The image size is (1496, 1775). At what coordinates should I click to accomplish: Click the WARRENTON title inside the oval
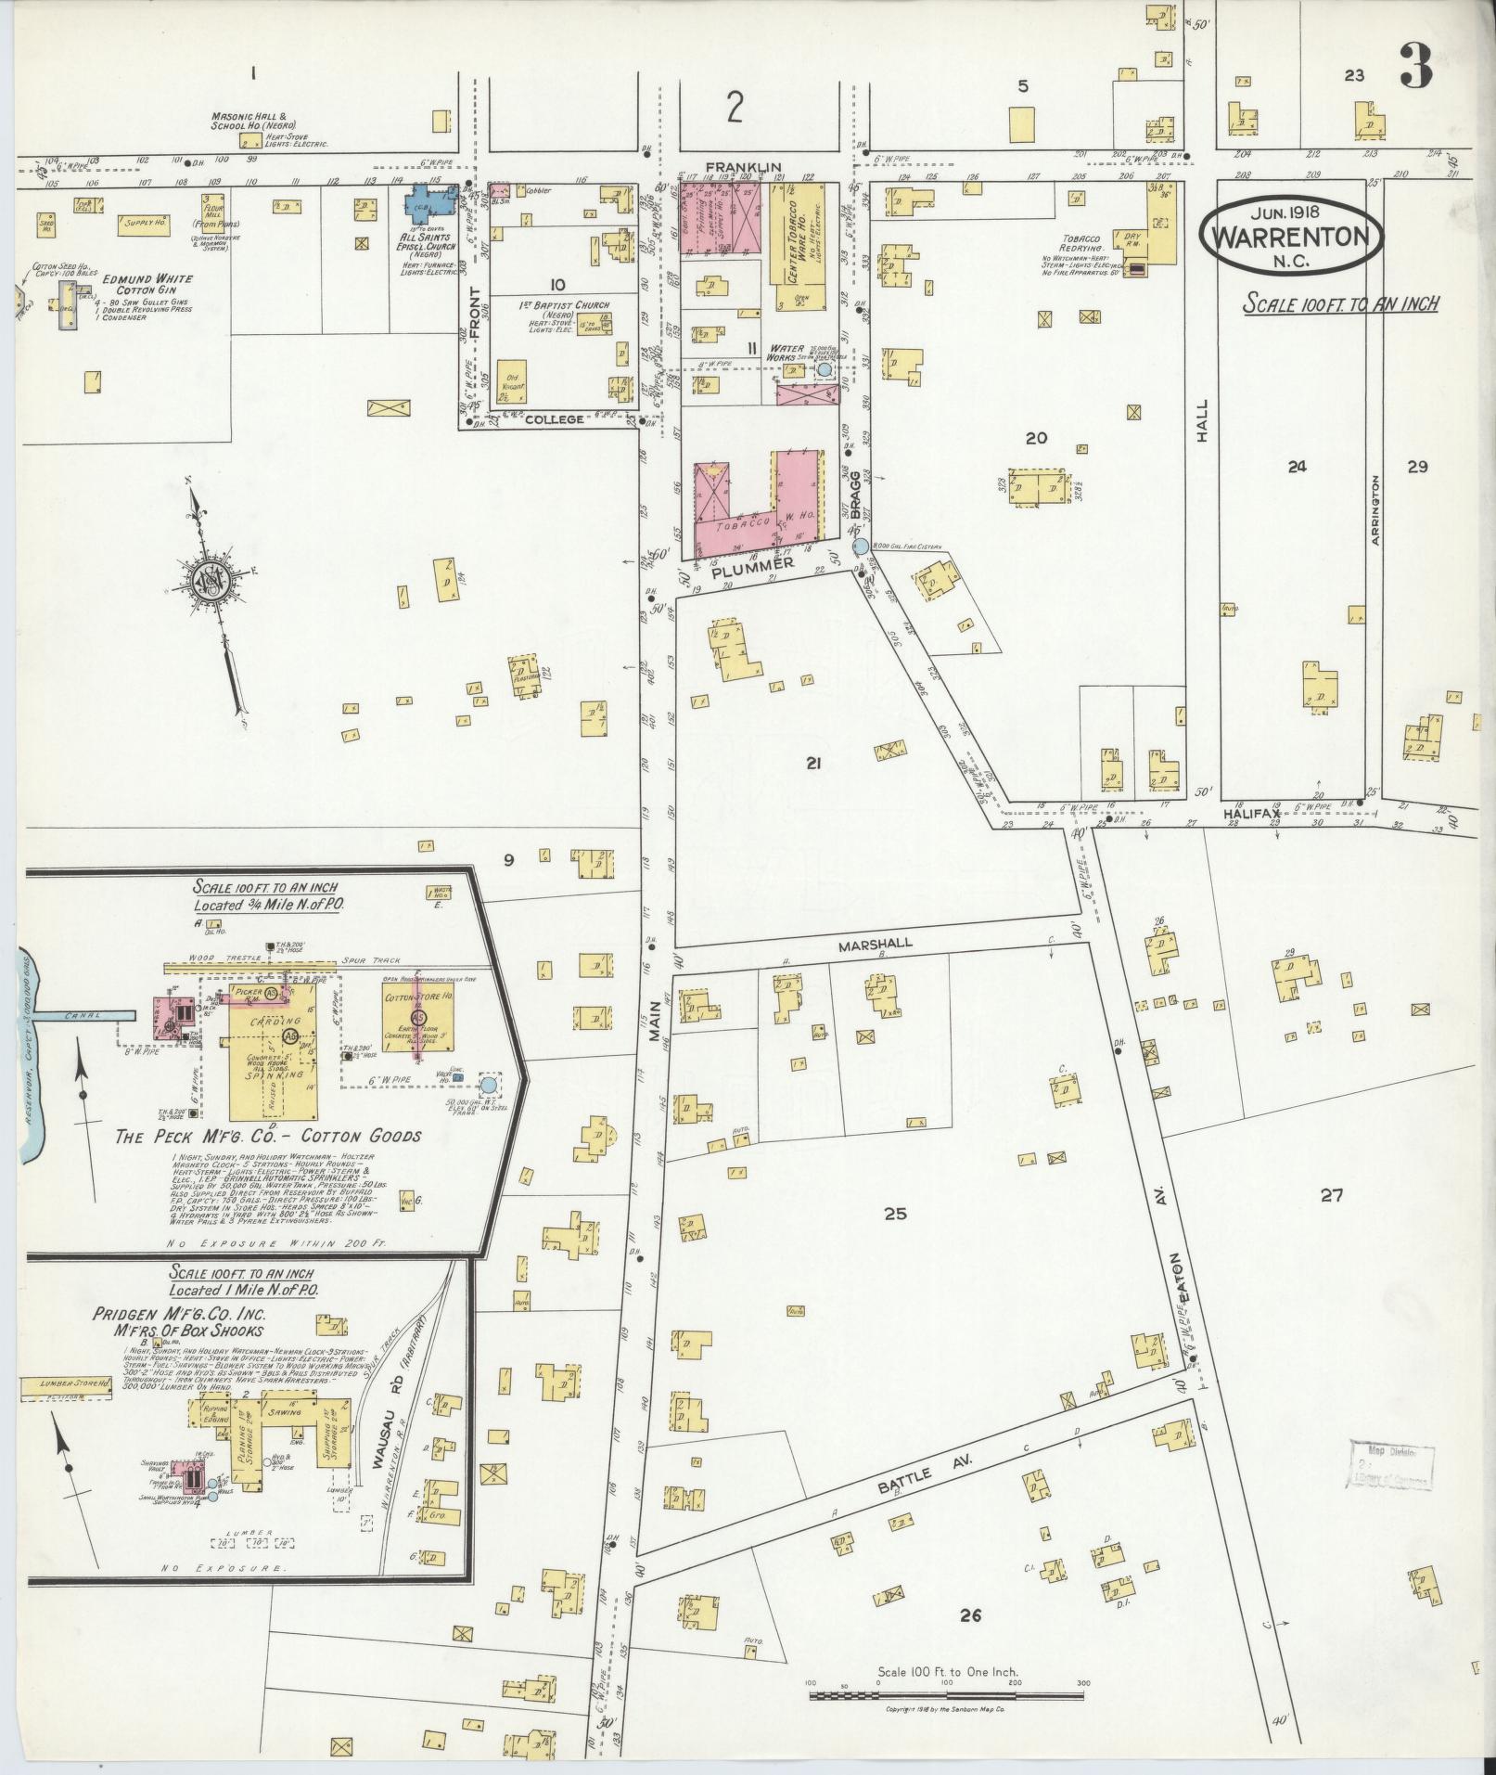pos(1290,237)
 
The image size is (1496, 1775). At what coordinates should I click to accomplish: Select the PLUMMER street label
pos(754,563)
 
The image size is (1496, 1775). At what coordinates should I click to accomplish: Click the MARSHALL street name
pos(876,944)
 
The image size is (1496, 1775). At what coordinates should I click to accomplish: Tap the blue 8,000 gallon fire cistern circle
pos(861,547)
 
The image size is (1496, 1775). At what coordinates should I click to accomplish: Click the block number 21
pos(814,764)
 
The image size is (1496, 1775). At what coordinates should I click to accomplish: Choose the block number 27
pos(1332,1196)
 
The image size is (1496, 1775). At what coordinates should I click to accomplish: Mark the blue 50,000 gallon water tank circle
pos(489,1084)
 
